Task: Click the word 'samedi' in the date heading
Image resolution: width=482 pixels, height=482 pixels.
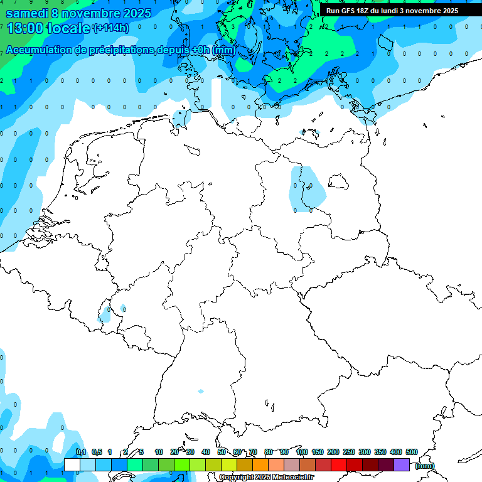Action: (27, 13)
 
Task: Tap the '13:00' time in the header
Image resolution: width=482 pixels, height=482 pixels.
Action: (24, 28)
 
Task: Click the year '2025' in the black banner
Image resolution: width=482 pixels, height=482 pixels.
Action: (446, 11)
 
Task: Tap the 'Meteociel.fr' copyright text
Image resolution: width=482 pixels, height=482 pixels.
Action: (289, 478)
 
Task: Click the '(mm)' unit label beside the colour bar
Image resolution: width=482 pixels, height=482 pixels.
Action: (425, 466)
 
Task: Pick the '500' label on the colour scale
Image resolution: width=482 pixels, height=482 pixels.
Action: (412, 452)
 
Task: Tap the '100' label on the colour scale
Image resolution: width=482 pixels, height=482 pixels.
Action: (301, 452)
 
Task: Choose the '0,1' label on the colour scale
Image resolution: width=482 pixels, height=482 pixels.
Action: (81, 452)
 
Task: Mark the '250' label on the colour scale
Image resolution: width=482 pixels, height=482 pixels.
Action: (349, 452)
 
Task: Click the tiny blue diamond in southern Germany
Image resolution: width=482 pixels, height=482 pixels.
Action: (201, 392)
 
